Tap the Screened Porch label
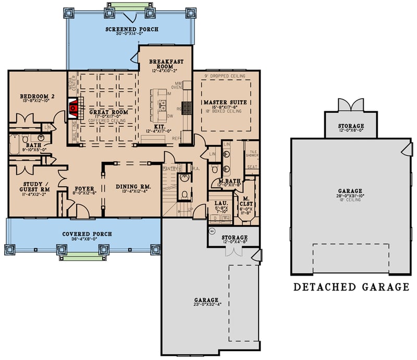click(x=132, y=29)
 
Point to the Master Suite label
click(x=225, y=102)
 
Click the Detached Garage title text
click(x=351, y=287)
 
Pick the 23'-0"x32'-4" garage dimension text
click(x=206, y=306)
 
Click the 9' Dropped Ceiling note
click(x=227, y=76)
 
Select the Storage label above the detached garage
click(x=350, y=126)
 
